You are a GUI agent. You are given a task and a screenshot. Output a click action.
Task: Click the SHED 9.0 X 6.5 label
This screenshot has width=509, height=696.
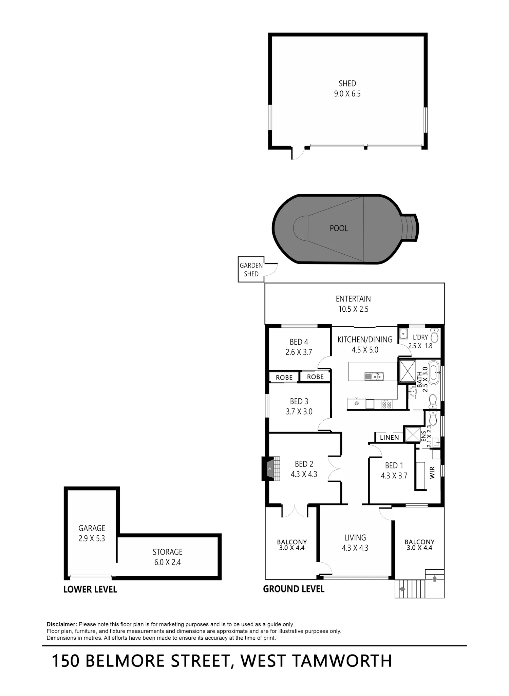pyautogui.click(x=347, y=89)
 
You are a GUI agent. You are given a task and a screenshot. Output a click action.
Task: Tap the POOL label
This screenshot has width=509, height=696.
pyautogui.click(x=339, y=228)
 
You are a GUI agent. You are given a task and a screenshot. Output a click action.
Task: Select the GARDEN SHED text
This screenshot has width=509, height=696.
pyautogui.click(x=251, y=270)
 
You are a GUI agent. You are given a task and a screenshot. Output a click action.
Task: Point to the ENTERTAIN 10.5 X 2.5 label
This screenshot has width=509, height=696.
pyautogui.click(x=353, y=304)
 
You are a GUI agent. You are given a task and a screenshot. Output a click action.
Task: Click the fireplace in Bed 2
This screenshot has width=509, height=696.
pyautogui.click(x=271, y=469)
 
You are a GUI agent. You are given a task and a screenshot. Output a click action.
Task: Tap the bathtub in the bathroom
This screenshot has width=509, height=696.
pyautogui.click(x=434, y=373)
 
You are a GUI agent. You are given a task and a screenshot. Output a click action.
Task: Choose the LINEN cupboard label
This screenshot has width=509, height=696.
pyautogui.click(x=389, y=438)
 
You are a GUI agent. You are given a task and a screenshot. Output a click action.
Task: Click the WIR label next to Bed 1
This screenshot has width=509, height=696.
pyautogui.click(x=432, y=473)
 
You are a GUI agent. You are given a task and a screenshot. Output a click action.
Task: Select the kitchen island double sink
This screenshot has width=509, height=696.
pyautogui.click(x=374, y=376)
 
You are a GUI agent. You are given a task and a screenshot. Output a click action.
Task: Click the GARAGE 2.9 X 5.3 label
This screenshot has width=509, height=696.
pyautogui.click(x=92, y=533)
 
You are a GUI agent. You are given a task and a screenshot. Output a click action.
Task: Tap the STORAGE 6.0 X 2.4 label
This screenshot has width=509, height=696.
pyautogui.click(x=168, y=557)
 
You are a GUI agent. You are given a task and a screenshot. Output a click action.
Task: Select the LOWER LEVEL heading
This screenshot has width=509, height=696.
pyautogui.click(x=90, y=589)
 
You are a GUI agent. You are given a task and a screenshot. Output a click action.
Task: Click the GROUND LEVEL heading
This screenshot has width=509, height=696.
pyautogui.click(x=294, y=589)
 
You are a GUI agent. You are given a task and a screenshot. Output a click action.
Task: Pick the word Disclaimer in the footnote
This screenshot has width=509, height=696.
pyautogui.click(x=62, y=624)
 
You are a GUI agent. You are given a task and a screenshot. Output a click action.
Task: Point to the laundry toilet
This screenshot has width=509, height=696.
pyautogui.click(x=434, y=335)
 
